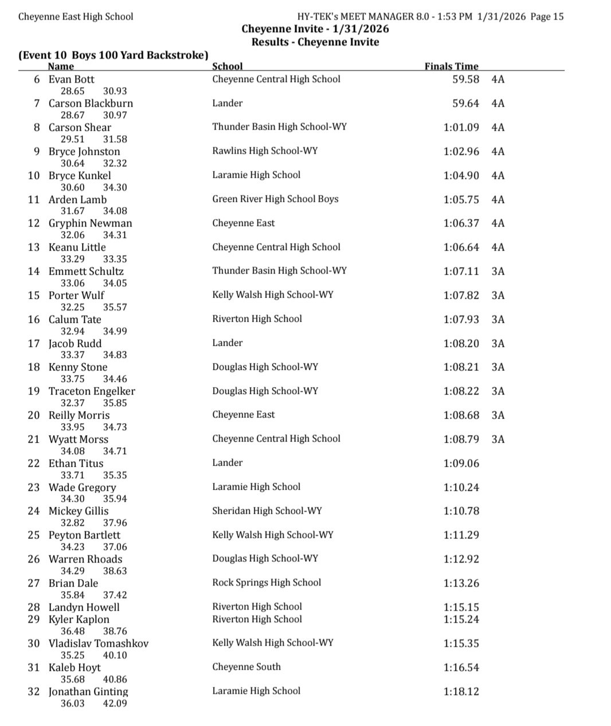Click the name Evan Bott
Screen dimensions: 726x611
(x=71, y=79)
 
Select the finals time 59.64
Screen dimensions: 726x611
(x=465, y=103)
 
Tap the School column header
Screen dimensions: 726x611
(x=227, y=67)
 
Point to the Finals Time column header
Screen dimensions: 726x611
(x=451, y=67)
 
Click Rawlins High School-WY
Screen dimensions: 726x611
(x=264, y=151)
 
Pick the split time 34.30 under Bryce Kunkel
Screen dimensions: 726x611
(x=115, y=188)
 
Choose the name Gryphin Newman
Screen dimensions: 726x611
(x=90, y=223)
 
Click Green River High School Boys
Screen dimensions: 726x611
(x=275, y=199)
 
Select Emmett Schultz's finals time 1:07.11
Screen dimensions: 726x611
(x=461, y=271)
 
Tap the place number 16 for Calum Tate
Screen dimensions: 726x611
(x=34, y=319)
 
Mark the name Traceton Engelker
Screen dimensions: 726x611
(x=92, y=391)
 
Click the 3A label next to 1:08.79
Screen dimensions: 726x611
(x=498, y=439)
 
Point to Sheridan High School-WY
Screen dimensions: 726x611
(x=267, y=510)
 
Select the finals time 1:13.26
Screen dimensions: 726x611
(x=461, y=583)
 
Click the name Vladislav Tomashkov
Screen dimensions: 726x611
(x=98, y=643)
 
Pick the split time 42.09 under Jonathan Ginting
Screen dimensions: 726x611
(x=115, y=704)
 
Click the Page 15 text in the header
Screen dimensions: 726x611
(x=547, y=17)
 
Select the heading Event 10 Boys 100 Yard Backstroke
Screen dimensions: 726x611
(x=113, y=55)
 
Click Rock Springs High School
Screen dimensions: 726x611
(x=267, y=583)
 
